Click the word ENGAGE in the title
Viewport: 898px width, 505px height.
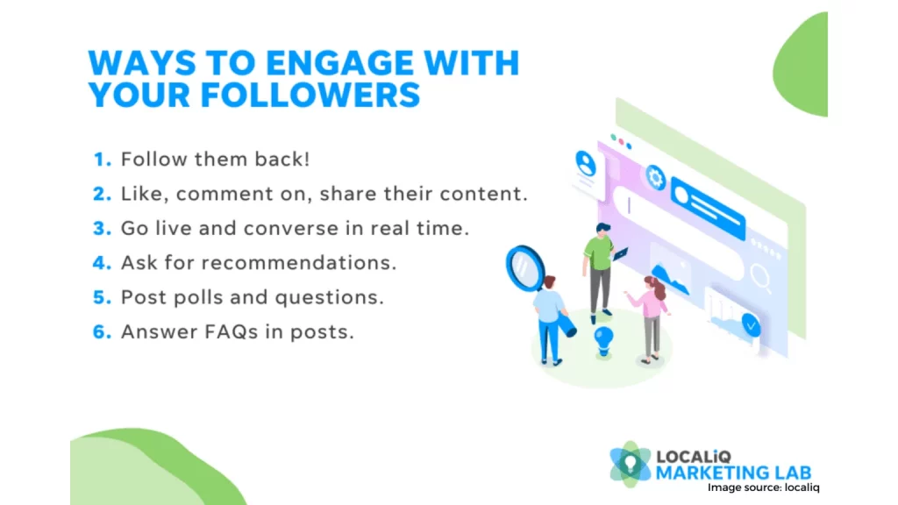(x=339, y=62)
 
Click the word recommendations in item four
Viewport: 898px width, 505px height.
(x=298, y=263)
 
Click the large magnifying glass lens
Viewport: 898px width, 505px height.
(x=524, y=267)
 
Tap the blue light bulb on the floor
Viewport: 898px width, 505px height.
(x=603, y=341)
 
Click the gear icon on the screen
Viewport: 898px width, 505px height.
(x=655, y=177)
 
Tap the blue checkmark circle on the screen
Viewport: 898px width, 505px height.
(x=751, y=324)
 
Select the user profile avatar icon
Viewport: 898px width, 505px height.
(x=585, y=164)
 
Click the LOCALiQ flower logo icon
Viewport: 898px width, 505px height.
(x=630, y=464)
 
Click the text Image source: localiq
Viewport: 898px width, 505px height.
(x=764, y=487)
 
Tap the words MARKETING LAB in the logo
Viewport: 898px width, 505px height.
(x=734, y=473)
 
